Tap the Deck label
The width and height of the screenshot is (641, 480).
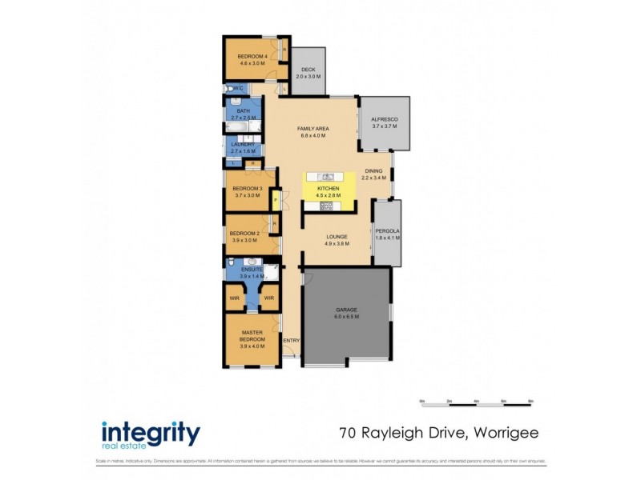(308, 70)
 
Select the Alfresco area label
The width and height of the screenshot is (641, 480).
(385, 119)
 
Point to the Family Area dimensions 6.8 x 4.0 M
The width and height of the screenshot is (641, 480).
(314, 135)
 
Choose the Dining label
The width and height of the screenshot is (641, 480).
(374, 170)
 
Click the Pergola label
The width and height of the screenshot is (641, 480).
(388, 231)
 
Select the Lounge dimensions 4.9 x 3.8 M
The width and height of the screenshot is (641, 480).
(336, 243)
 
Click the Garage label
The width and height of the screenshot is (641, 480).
(346, 309)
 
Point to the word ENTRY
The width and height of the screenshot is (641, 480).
(291, 339)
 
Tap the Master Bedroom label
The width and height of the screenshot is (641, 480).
(252, 336)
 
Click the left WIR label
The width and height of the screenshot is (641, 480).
(235, 298)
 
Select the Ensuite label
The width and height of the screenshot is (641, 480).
(252, 269)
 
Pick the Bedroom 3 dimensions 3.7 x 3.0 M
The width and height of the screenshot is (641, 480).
(247, 195)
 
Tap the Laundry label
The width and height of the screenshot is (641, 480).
(243, 144)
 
